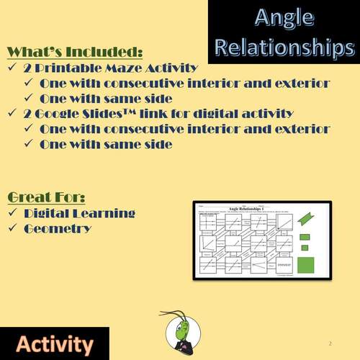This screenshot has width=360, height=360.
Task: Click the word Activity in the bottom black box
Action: pyautogui.click(x=54, y=343)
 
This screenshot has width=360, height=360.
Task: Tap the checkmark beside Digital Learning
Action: pyautogui.click(x=12, y=214)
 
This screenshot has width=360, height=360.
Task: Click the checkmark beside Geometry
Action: pyautogui.click(x=12, y=229)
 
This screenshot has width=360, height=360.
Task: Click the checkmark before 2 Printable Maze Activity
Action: pyautogui.click(x=12, y=68)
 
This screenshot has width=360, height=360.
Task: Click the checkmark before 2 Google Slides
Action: pyautogui.click(x=12, y=114)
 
